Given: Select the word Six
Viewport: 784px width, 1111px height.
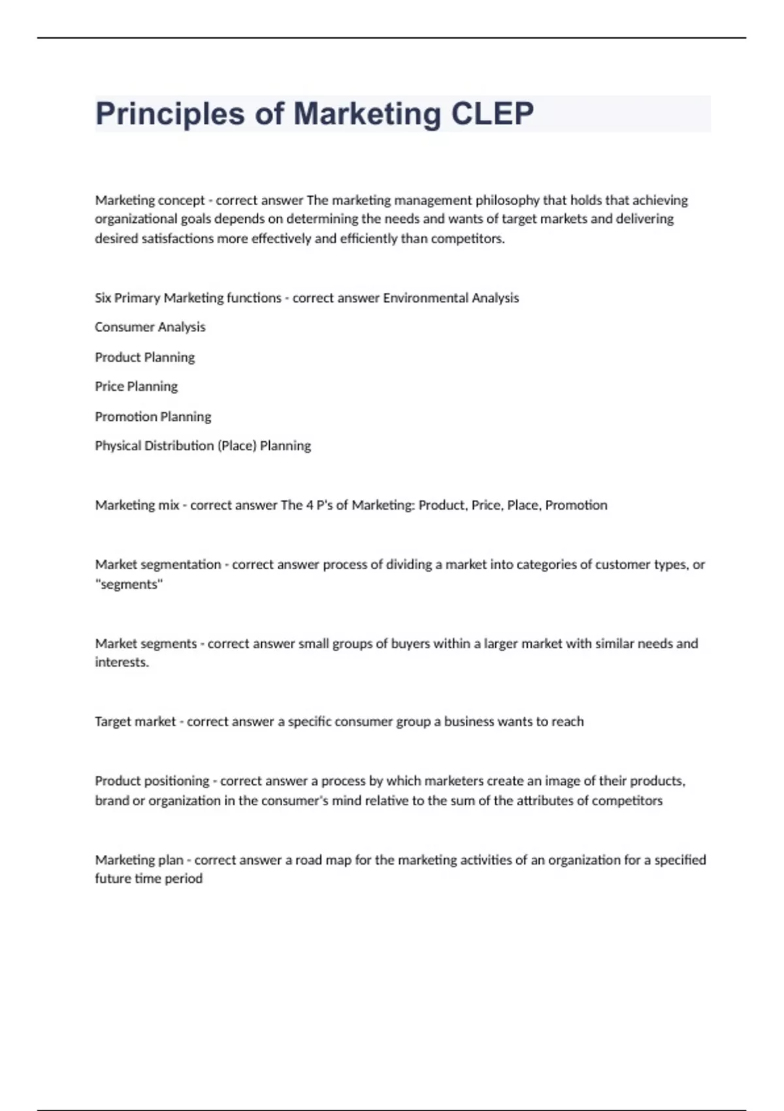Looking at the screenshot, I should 103,298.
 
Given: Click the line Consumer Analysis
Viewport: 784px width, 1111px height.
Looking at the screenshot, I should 150,327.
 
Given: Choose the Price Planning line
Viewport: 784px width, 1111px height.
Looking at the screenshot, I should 136,386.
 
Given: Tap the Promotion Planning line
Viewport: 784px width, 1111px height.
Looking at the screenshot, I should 153,416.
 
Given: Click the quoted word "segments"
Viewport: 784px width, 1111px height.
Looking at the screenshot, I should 129,584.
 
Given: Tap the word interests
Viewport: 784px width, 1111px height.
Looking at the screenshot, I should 122,663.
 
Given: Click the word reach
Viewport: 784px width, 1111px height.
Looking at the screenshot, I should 567,721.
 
